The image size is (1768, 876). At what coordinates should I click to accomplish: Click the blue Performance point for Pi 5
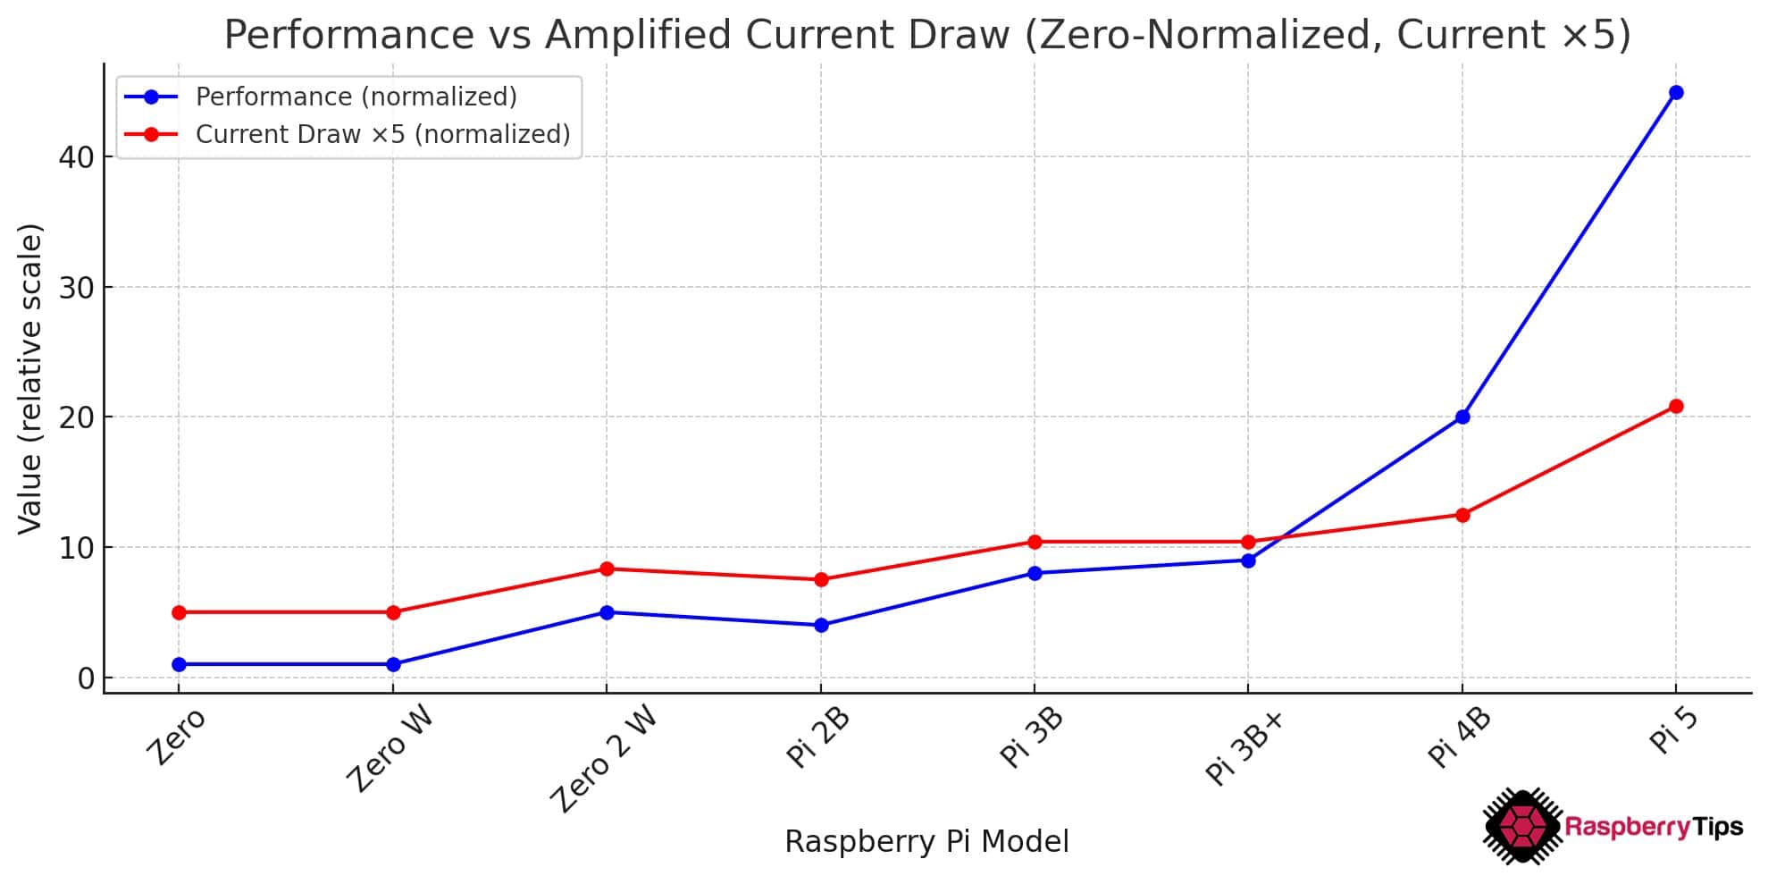point(1676,93)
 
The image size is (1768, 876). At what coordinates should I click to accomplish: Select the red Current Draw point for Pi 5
point(1676,407)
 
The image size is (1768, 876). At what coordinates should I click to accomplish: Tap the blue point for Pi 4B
point(1462,417)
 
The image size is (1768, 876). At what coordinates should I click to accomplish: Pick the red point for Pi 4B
point(1462,515)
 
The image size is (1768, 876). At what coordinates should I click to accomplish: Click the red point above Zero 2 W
point(607,569)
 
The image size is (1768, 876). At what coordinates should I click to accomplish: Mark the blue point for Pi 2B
point(821,626)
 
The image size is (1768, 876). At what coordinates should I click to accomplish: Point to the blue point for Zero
point(179,664)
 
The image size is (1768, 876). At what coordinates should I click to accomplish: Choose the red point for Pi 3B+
point(1248,542)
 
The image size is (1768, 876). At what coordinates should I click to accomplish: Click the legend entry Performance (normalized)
point(356,97)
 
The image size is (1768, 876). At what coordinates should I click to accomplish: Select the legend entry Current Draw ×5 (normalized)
point(382,134)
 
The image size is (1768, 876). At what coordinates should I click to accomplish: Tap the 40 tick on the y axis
point(76,157)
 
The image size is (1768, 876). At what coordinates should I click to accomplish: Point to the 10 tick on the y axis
point(76,548)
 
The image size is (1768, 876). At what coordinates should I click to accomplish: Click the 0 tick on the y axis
point(86,678)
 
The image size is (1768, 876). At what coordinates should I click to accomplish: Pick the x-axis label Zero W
point(390,749)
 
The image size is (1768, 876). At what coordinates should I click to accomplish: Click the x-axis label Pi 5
point(1672,731)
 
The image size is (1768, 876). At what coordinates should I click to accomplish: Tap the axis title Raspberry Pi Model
point(926,842)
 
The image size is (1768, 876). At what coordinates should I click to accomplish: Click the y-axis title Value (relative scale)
point(30,379)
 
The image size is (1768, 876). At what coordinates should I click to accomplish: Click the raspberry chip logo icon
point(1522,826)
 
